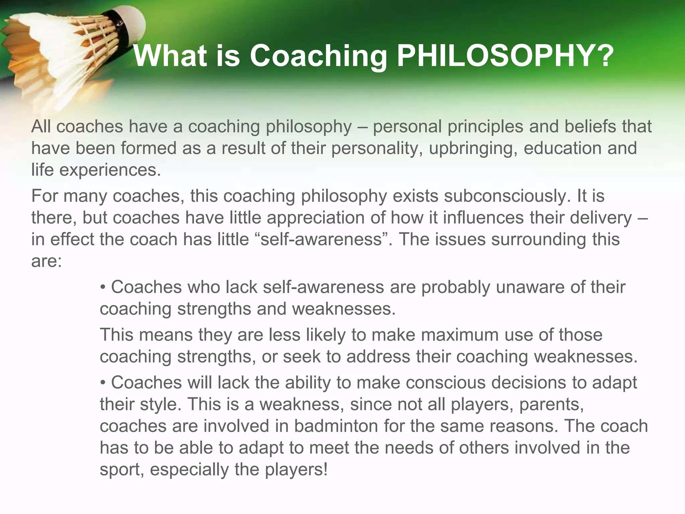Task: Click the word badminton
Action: point(336,426)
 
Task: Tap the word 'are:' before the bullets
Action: point(46,261)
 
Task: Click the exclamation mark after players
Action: point(325,469)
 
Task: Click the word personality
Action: point(377,148)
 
